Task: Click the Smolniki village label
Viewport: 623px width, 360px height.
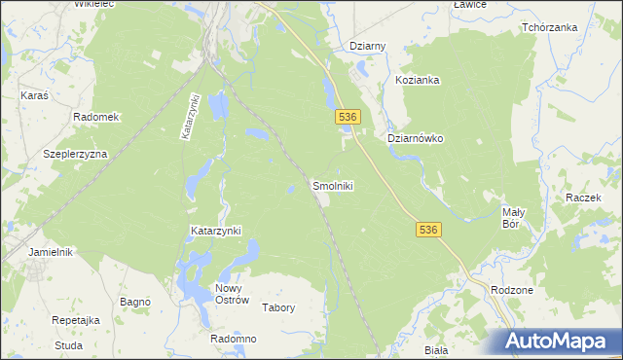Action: pos(332,185)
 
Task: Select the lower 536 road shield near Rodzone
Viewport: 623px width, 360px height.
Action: pos(429,230)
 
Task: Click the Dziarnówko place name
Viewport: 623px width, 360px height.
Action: pos(416,138)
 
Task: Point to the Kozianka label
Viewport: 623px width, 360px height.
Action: pos(418,81)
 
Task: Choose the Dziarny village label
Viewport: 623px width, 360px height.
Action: pos(368,46)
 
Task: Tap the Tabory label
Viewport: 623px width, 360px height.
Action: pos(278,307)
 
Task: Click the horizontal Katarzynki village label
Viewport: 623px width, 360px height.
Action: pos(215,231)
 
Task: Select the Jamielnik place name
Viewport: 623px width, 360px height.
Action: pos(52,251)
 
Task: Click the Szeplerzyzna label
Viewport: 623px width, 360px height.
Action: pos(75,154)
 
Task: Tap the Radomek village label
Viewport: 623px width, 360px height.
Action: pos(95,117)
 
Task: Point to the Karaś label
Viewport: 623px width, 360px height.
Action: pos(35,96)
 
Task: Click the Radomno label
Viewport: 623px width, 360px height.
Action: pos(233,339)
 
